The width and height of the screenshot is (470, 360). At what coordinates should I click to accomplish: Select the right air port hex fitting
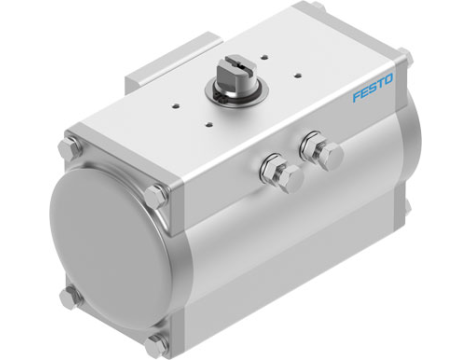point(325,153)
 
